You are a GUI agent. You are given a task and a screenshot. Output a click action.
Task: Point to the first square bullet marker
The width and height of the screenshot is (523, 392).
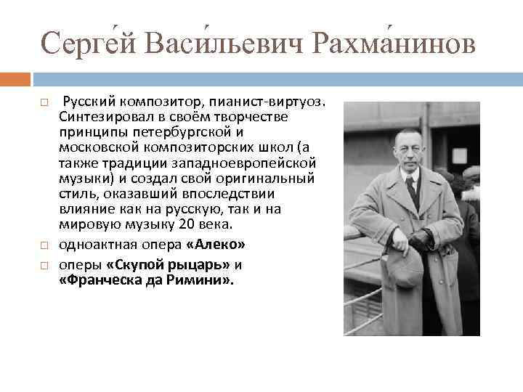tap(44, 104)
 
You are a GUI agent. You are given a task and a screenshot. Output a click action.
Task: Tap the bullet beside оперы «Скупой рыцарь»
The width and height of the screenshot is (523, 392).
tap(44, 266)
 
